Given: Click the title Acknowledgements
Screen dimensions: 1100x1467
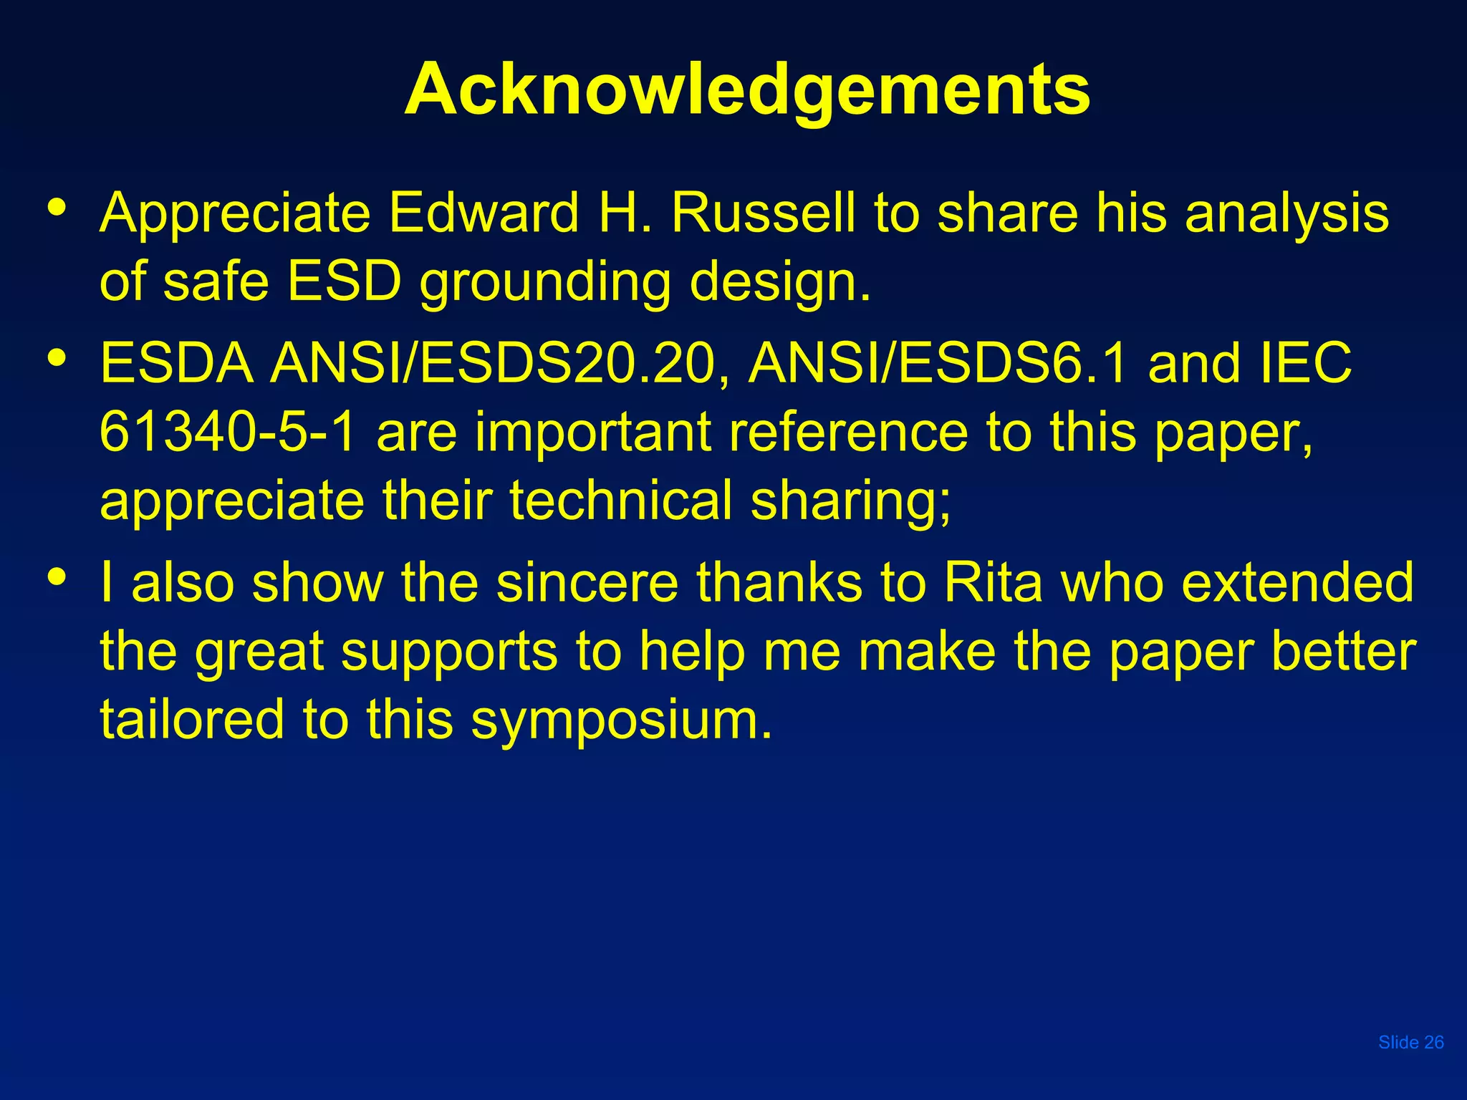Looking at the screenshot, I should tap(747, 90).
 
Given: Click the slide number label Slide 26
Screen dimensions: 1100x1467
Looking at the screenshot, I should tap(1410, 1042).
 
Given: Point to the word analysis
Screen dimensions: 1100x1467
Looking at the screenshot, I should tap(1286, 215).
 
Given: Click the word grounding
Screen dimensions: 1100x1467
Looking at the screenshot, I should tap(544, 284).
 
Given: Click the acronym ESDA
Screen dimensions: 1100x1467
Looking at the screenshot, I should tap(177, 363).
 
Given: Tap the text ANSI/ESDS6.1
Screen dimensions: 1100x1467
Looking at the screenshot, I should tap(938, 363).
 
